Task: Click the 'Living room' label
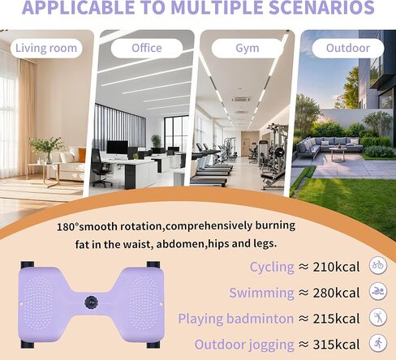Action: click(46, 49)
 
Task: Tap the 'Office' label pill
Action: click(147, 49)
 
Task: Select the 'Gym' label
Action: click(247, 49)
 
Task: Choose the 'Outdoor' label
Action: click(348, 49)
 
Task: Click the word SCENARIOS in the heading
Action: click(321, 7)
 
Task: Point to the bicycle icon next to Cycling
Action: click(378, 265)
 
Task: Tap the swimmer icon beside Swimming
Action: click(378, 291)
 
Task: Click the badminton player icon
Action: click(378, 317)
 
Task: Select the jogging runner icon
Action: click(378, 343)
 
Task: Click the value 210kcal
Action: click(336, 267)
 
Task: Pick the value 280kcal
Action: click(336, 293)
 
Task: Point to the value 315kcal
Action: click(336, 345)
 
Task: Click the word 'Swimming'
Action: click(261, 294)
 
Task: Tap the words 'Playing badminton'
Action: click(236, 319)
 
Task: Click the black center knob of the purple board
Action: click(91, 302)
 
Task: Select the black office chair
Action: click(101, 168)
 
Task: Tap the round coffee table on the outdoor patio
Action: click(338, 154)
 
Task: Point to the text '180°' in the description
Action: click(67, 227)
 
